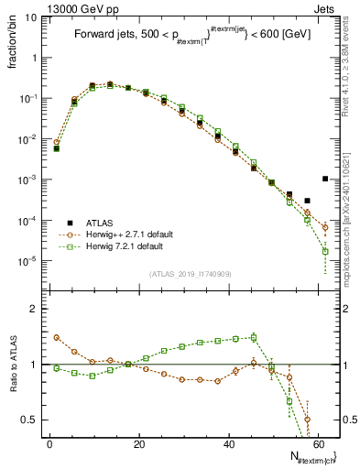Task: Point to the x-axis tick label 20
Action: (139, 444)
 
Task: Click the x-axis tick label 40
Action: (228, 444)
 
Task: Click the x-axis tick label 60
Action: (317, 444)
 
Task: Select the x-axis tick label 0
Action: (50, 444)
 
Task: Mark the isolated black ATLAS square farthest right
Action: (325, 179)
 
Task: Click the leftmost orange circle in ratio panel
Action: (57, 337)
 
